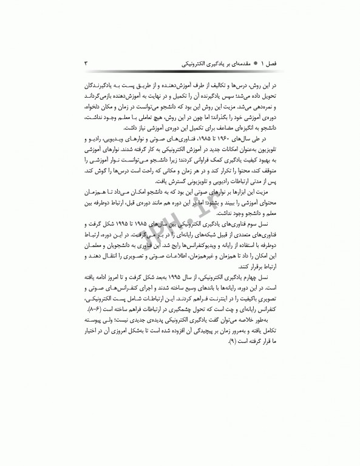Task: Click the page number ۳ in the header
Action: (86, 62)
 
